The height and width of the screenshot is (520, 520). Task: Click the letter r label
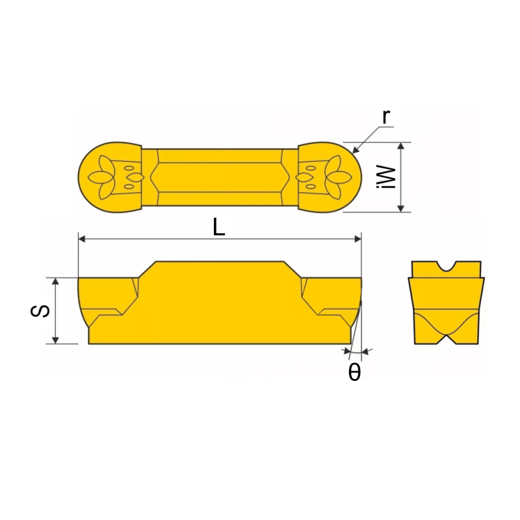(385, 117)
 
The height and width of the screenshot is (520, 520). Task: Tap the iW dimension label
(387, 177)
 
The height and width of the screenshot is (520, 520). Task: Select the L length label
(219, 227)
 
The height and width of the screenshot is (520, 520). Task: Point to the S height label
(40, 311)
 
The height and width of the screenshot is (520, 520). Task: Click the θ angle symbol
(354, 372)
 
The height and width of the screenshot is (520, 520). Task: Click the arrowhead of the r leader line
(356, 150)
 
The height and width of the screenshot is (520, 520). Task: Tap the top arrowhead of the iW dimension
(401, 146)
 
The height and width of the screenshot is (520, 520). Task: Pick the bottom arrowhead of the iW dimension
(401, 208)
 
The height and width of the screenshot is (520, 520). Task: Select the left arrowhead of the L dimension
(82, 239)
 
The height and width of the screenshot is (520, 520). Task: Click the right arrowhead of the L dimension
(357, 239)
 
